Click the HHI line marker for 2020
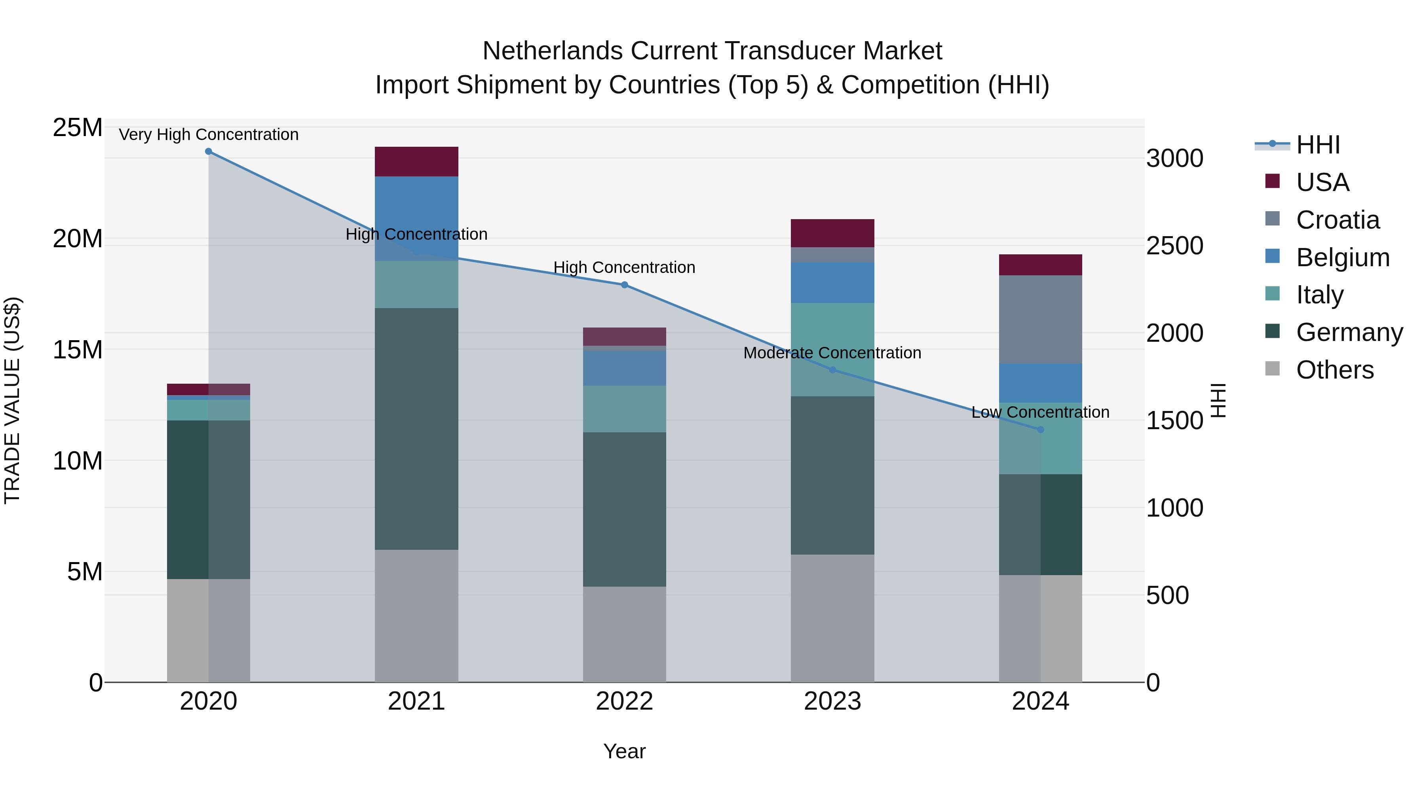point(209,151)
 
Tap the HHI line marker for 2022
point(625,285)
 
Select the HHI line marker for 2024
point(1041,430)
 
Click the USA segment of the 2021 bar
point(416,161)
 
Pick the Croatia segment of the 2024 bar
point(1041,320)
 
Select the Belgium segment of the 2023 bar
point(832,282)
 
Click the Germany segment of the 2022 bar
point(625,509)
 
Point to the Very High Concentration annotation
point(209,134)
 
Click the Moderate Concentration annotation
point(832,353)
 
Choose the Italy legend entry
point(1319,295)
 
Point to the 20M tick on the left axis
point(78,239)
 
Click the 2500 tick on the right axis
point(1174,246)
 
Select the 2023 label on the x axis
point(832,701)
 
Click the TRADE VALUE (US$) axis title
point(12,400)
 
